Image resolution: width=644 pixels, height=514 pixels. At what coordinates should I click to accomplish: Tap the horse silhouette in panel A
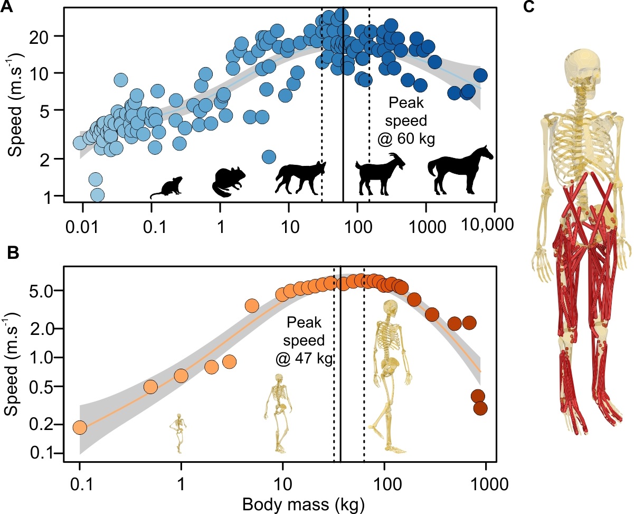[459, 170]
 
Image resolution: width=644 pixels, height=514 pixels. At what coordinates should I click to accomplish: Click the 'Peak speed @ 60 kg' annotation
[409, 120]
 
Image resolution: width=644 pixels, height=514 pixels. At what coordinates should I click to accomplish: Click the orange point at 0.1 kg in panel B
[80, 427]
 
